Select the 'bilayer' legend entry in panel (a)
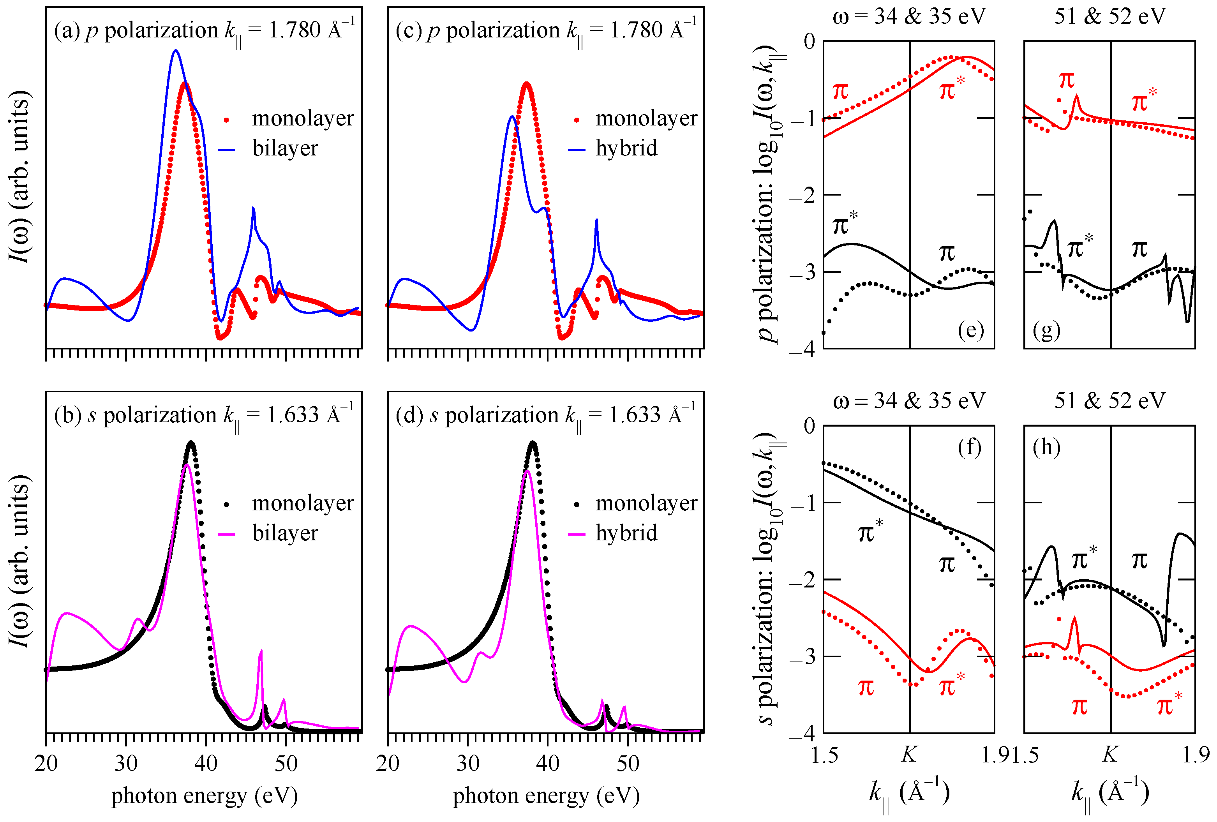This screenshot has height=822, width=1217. (x=284, y=149)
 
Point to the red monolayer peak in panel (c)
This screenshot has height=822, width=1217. (x=527, y=83)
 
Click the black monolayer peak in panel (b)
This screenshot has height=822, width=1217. (x=191, y=443)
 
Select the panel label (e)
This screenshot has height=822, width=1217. (x=970, y=331)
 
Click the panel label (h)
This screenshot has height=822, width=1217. (x=1046, y=448)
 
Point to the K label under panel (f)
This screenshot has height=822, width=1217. (x=909, y=755)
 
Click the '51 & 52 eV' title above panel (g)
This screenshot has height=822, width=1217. (x=1109, y=16)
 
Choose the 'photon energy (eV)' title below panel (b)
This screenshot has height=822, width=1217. (x=204, y=796)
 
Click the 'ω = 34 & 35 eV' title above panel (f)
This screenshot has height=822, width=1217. (x=909, y=401)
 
